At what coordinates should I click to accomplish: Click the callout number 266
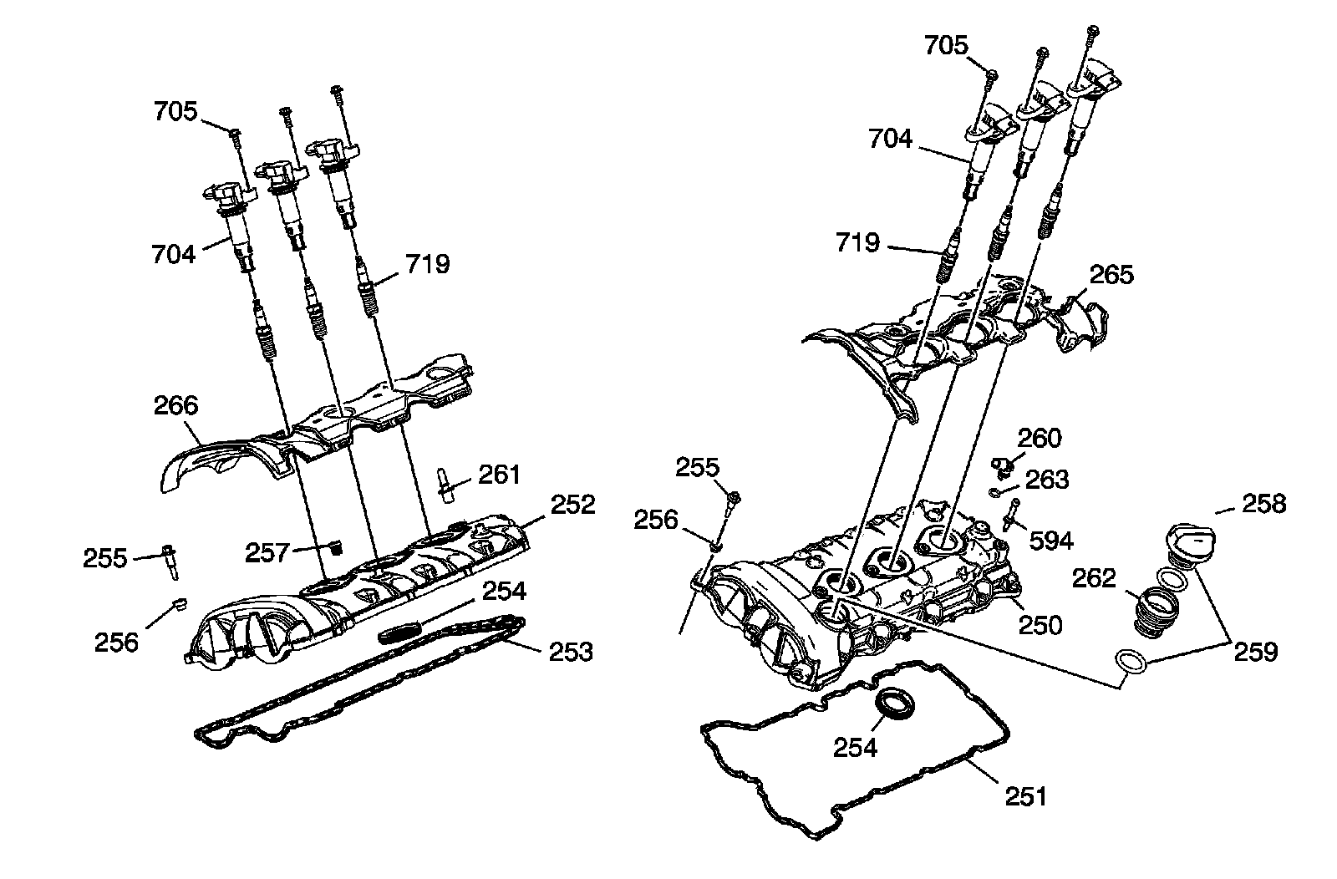click(176, 405)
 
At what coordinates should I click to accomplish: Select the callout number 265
click(1111, 274)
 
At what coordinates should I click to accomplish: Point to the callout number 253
click(571, 651)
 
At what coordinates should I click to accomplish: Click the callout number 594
click(1051, 541)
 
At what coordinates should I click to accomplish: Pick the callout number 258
click(1264, 503)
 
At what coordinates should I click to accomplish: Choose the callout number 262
click(1095, 577)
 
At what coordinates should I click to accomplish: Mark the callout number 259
click(1256, 651)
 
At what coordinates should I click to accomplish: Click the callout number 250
click(1040, 624)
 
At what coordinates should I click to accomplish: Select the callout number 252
click(573, 505)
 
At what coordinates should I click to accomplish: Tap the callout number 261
click(500, 475)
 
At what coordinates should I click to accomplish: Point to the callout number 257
click(267, 551)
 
